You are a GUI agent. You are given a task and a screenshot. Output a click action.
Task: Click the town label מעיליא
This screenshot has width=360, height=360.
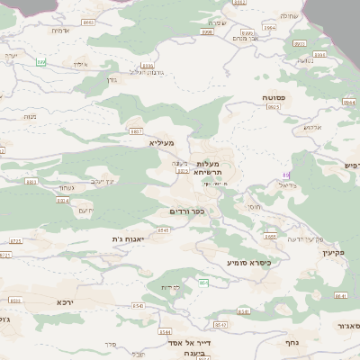pos(160,142)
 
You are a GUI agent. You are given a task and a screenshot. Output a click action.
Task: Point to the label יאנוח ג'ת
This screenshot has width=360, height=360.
pos(127,238)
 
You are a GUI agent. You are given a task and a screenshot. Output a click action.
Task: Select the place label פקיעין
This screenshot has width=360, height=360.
pos(333,254)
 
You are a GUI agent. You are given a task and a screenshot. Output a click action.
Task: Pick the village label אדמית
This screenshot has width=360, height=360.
pos(59,31)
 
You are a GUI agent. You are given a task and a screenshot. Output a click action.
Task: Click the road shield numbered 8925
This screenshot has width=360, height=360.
pos(272,106)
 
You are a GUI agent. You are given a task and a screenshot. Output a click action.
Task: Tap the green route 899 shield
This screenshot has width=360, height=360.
pos(40,61)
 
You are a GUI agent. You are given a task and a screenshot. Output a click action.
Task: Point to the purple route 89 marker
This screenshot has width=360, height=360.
pos(286,175)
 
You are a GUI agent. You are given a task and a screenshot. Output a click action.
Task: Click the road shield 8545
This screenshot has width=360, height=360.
pos(163,230)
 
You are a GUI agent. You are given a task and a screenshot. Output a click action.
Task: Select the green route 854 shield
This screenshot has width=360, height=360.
pos(203,283)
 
